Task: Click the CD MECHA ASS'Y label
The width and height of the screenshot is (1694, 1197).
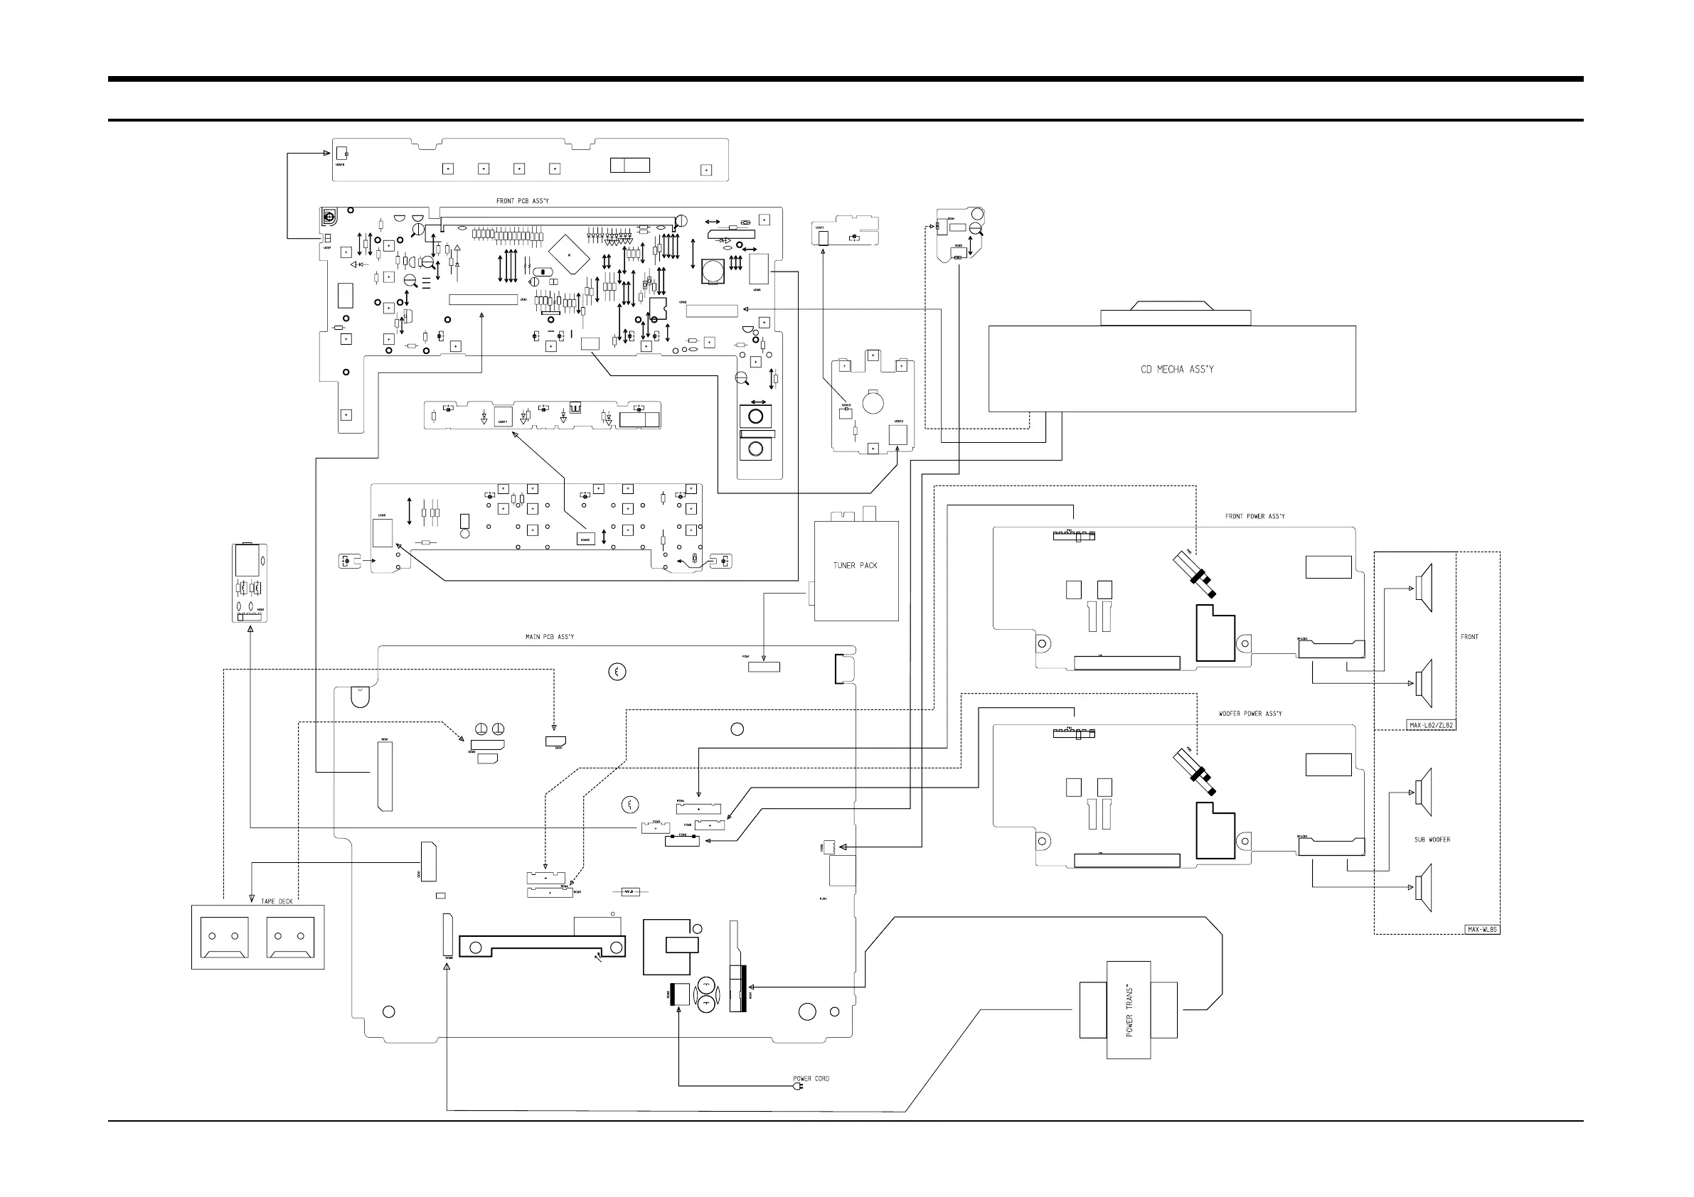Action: click(x=1177, y=370)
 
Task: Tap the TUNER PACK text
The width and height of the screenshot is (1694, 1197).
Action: click(x=855, y=566)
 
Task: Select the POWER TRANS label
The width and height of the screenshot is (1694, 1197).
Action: click(x=1129, y=1009)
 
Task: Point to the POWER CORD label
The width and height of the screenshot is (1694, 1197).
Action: click(x=811, y=1078)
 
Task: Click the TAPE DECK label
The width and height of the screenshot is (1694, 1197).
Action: click(x=277, y=901)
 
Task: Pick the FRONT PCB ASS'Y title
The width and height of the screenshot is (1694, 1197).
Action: click(x=523, y=200)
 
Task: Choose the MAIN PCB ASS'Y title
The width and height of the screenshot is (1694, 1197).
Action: click(x=550, y=636)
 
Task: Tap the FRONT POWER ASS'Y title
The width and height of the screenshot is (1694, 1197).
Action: click(x=1254, y=516)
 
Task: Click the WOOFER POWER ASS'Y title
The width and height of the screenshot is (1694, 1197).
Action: click(x=1250, y=714)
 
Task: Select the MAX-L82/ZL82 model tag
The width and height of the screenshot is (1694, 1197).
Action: click(x=1432, y=725)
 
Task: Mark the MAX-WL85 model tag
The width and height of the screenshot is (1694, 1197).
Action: click(x=1481, y=929)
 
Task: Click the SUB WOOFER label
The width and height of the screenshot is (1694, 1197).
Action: click(x=1432, y=839)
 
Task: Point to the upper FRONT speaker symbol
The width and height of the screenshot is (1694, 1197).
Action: click(x=1424, y=588)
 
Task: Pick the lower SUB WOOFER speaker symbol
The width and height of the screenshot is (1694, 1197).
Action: click(x=1424, y=887)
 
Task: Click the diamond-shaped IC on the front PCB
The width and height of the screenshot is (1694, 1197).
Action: click(x=570, y=254)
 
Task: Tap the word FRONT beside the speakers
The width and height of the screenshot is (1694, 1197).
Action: click(x=1469, y=636)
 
